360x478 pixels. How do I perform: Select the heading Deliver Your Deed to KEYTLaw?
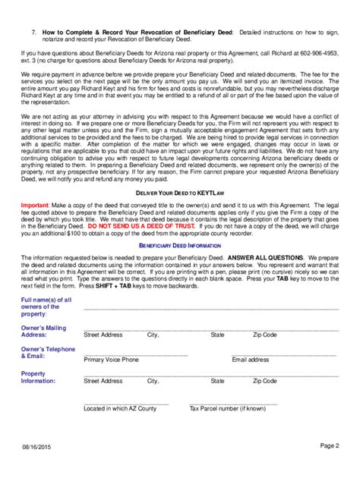click(179, 193)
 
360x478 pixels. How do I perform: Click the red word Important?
click(35, 206)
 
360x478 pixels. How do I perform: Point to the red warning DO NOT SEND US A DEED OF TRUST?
click(166, 226)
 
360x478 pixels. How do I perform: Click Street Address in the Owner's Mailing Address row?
click(103, 335)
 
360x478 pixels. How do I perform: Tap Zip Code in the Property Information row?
click(265, 382)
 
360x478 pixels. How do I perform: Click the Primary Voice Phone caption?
click(112, 360)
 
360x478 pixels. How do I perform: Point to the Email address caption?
click(251, 360)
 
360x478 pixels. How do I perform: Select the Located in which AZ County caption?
click(120, 408)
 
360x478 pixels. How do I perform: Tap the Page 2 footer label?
click(328, 446)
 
